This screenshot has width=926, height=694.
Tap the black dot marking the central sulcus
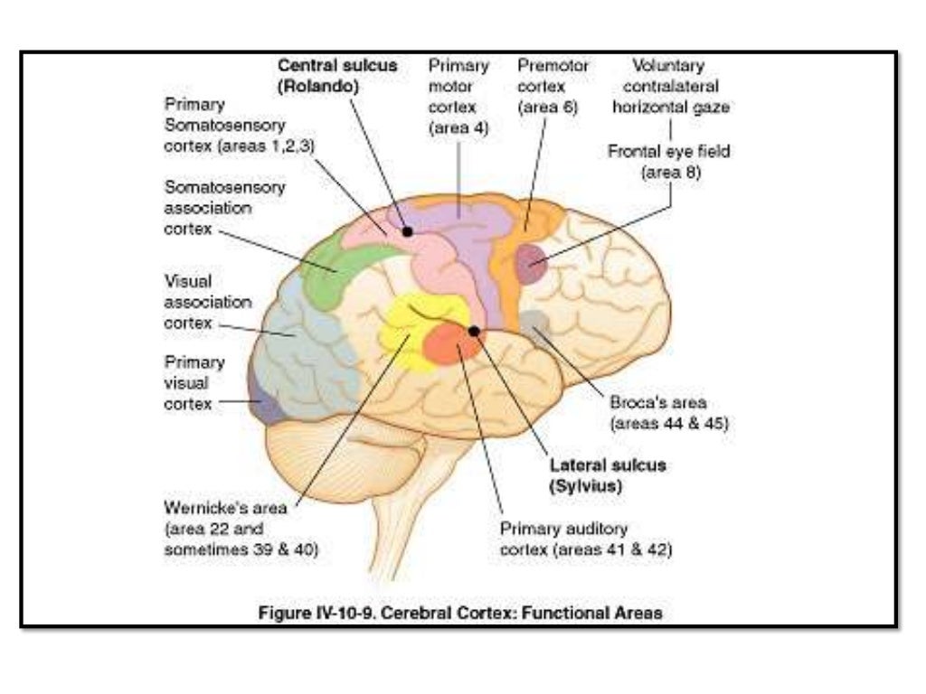pos(408,231)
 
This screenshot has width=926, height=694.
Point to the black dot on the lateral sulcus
pos(474,331)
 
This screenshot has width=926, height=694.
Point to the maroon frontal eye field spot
pos(532,261)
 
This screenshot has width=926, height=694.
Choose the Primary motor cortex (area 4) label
pos(458,97)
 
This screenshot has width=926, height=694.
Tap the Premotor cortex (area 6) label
pos(553,87)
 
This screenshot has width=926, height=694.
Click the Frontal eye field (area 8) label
pos(669,161)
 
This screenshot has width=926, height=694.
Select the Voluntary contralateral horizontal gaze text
pos(670,87)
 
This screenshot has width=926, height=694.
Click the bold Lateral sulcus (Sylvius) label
pos(608,474)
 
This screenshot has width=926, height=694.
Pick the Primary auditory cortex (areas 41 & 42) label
pos(586,539)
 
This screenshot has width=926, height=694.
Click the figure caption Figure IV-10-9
pos(460,613)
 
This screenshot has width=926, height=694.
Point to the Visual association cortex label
pos(207,301)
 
